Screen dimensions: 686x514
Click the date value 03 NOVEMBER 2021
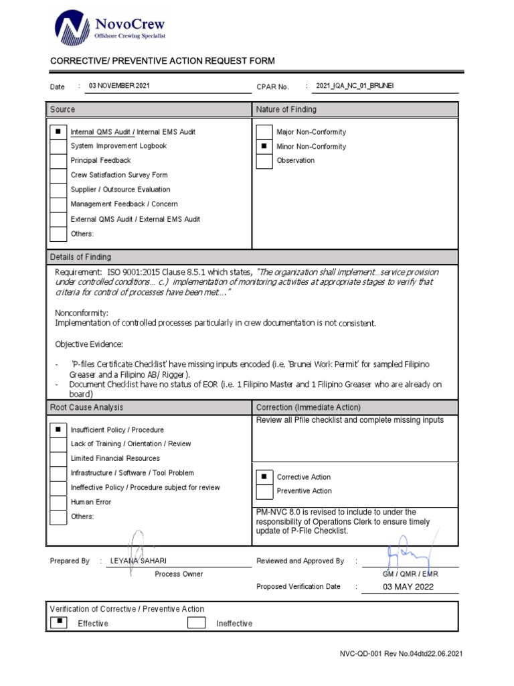120,86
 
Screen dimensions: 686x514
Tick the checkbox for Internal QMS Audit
58,132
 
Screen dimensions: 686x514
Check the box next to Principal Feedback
58,161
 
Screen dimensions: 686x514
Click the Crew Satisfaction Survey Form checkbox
58,176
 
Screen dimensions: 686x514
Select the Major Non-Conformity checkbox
264,132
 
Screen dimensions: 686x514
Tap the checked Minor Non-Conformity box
264,147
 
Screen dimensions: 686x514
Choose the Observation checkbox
264,161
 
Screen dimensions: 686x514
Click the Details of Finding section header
80,257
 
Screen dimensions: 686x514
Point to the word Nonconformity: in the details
81,313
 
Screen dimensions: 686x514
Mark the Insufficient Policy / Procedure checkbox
58,429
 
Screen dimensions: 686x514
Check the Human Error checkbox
58,502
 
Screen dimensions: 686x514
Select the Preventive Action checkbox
264,491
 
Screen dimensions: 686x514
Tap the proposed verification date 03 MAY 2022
408,587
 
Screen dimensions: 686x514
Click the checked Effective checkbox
58,622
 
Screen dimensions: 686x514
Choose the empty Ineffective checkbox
196,623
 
